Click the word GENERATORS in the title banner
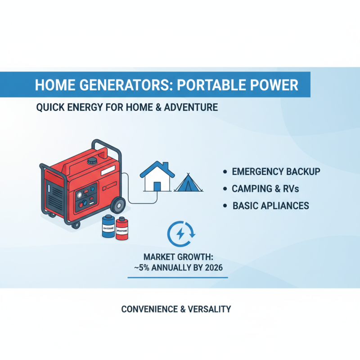click(113, 85)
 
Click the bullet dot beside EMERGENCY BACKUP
click(225, 172)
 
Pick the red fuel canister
click(123, 229)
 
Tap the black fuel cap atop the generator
click(93, 160)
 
